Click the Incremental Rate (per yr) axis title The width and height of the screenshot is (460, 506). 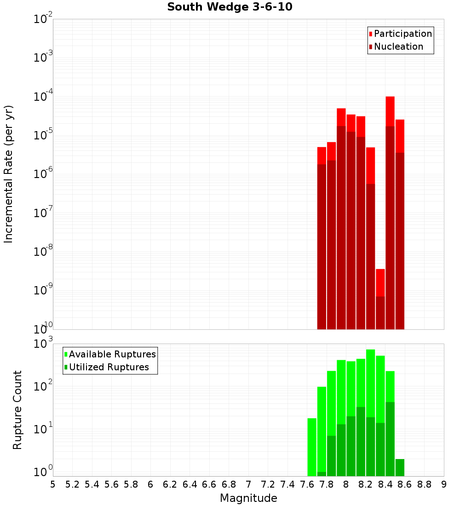click(9, 174)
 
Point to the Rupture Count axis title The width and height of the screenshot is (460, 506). click(17, 410)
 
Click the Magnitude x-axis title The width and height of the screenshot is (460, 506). click(248, 498)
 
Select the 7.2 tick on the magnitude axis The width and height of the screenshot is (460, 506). click(268, 484)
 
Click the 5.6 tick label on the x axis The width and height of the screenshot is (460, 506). click(111, 484)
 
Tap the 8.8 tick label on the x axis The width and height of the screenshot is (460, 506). click(424, 484)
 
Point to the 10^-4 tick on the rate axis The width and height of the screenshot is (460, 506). click(44, 97)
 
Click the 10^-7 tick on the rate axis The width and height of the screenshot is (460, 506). click(44, 213)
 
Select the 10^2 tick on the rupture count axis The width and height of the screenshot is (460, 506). click(44, 385)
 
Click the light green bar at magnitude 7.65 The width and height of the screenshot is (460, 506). click(312, 446)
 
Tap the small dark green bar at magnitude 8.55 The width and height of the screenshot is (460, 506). click(400, 467)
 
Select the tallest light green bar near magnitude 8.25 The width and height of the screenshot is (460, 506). click(371, 382)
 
